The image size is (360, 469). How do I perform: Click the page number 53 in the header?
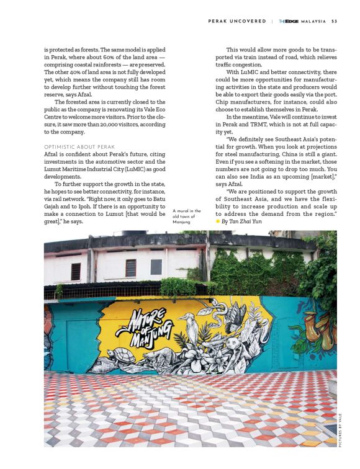(x=335, y=21)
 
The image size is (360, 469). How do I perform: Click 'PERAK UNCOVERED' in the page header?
(x=237, y=21)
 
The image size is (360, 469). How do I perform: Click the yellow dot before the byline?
(x=217, y=221)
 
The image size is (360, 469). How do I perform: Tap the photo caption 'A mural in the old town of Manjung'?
(x=186, y=217)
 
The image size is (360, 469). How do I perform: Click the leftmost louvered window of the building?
(x=76, y=270)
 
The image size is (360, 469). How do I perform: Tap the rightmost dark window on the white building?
(x=156, y=267)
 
